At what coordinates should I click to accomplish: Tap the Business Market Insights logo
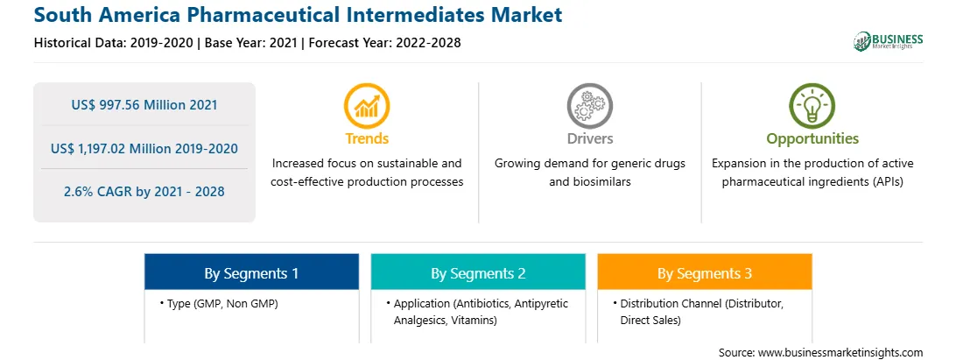pos(889,41)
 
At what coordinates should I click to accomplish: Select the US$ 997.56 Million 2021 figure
pos(144,105)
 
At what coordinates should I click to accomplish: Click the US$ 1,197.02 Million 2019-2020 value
pos(144,148)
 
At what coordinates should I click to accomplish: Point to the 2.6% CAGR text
pos(144,192)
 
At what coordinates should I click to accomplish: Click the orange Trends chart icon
pos(367,106)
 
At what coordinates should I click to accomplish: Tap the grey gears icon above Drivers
pos(589,106)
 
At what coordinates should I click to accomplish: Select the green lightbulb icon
pos(812,106)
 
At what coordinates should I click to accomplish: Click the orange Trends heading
pos(367,138)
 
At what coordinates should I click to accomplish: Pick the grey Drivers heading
pos(589,138)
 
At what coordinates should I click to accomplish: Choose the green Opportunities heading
pos(812,139)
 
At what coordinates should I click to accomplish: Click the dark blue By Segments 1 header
pos(251,272)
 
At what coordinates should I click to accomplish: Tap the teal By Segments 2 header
pos(478,272)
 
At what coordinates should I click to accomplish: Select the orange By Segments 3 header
pos(705,272)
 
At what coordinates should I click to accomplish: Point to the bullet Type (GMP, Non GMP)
pos(219,303)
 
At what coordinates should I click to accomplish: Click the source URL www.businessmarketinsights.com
pos(840,353)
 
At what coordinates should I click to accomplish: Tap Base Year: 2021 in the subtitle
pos(251,43)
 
